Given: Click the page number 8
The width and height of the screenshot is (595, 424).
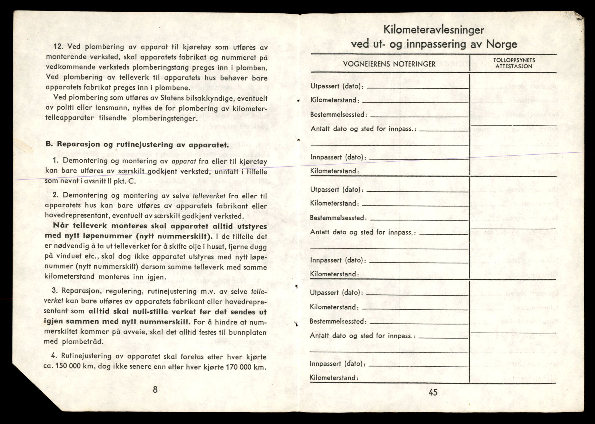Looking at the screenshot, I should [155, 389].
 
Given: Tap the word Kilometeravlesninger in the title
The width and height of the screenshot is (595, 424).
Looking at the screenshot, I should [434, 30].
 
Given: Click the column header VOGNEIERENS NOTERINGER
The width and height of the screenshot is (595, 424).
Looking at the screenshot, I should [389, 64].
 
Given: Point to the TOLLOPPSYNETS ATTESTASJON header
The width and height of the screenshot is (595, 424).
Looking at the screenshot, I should [514, 63].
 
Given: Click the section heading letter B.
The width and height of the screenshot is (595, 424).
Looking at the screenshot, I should [48, 144].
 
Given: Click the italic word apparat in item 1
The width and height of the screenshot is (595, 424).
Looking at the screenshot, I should [184, 161].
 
